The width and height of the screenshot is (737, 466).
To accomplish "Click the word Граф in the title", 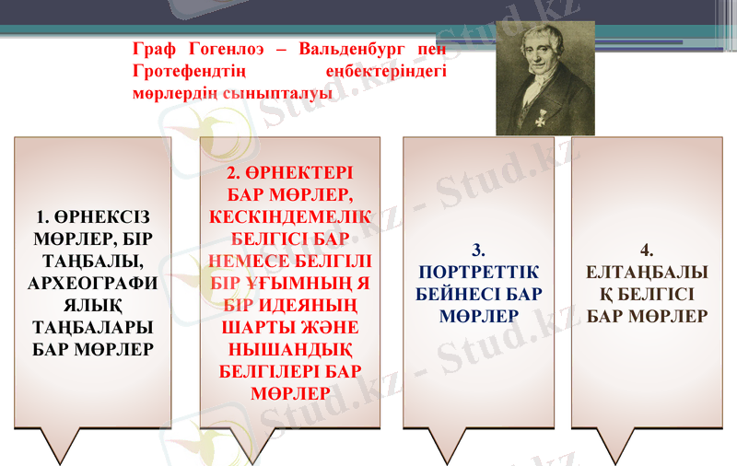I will click(x=154, y=49).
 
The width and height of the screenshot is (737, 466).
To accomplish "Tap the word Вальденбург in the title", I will click(x=354, y=49).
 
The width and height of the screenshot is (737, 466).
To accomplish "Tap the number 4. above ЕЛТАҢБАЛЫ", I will click(x=647, y=250).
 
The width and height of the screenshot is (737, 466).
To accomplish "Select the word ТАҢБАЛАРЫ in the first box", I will click(x=92, y=327).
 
